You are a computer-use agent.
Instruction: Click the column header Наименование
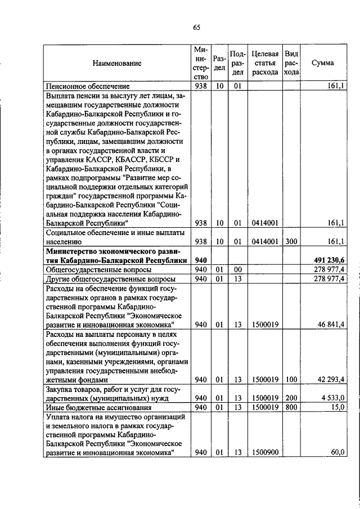(x=117, y=64)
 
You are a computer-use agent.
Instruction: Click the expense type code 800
(x=291, y=407)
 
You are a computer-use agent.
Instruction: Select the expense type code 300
(x=291, y=241)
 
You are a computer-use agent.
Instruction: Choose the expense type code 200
(x=291, y=397)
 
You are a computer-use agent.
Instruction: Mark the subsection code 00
(x=238, y=270)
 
